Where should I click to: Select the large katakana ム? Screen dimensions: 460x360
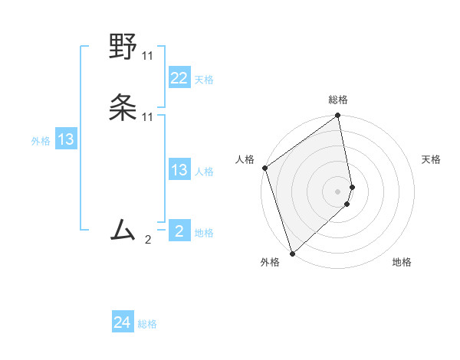(x=123, y=230)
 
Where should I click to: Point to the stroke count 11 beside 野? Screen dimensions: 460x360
(x=147, y=56)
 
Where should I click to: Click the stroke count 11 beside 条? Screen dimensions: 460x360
(x=147, y=117)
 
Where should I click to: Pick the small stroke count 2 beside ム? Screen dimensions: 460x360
(x=148, y=240)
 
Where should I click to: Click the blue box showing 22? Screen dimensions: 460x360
(x=179, y=78)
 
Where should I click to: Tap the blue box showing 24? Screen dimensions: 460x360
(x=122, y=323)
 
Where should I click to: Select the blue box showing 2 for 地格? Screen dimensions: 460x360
(x=179, y=231)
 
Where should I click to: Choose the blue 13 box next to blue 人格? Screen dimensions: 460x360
(x=179, y=170)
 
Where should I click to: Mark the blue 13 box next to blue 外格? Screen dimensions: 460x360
(x=66, y=139)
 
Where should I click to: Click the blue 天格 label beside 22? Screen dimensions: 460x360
(x=204, y=80)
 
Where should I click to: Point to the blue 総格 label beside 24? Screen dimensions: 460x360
(x=147, y=325)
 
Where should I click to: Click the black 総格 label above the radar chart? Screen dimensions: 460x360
(x=338, y=100)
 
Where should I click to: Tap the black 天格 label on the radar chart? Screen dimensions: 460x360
(x=431, y=159)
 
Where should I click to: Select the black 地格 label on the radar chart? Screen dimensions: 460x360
(x=402, y=263)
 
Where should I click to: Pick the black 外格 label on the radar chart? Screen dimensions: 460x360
(x=270, y=263)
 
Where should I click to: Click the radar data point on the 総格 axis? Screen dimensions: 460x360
(x=338, y=117)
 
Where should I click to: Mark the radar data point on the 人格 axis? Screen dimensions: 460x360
(x=264, y=168)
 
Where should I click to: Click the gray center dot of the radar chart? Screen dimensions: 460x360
(x=338, y=191)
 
